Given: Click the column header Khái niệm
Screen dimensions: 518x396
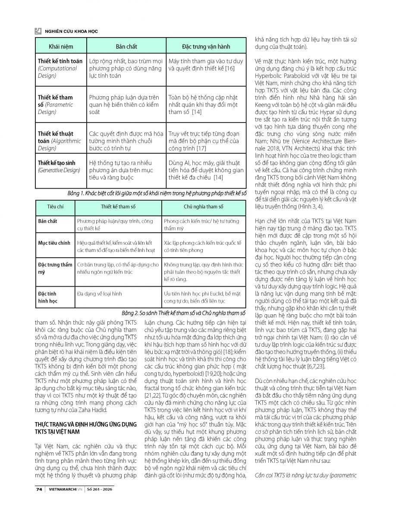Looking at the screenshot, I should [60, 46].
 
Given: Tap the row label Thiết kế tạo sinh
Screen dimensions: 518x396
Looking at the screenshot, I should [57, 163].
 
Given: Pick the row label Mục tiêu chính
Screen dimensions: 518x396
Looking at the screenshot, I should [54, 243].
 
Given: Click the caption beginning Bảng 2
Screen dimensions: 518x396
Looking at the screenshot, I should [183, 313].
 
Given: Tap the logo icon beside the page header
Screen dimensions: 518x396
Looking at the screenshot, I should [38, 31].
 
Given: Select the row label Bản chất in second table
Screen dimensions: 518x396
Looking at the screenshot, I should [47, 221].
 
